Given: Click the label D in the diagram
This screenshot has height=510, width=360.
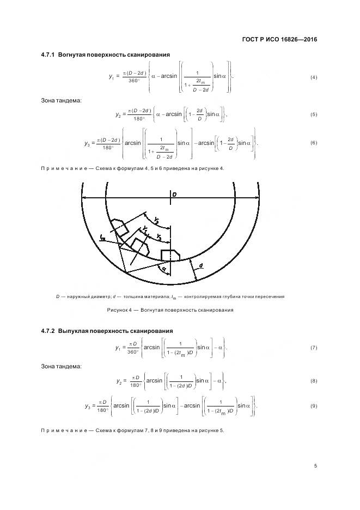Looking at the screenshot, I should pyautogui.click(x=174, y=195).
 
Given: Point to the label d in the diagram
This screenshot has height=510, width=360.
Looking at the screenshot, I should pyautogui.click(x=201, y=265).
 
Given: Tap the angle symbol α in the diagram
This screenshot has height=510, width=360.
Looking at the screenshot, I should pyautogui.click(x=162, y=269).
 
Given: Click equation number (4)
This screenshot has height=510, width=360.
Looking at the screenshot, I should pyautogui.click(x=313, y=77).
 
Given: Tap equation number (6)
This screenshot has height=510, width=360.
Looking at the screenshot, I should pyautogui.click(x=313, y=143).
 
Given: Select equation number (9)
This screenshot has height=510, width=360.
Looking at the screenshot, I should pyautogui.click(x=313, y=406).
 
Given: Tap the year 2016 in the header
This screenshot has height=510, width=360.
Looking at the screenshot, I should pyautogui.click(x=308, y=39).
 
